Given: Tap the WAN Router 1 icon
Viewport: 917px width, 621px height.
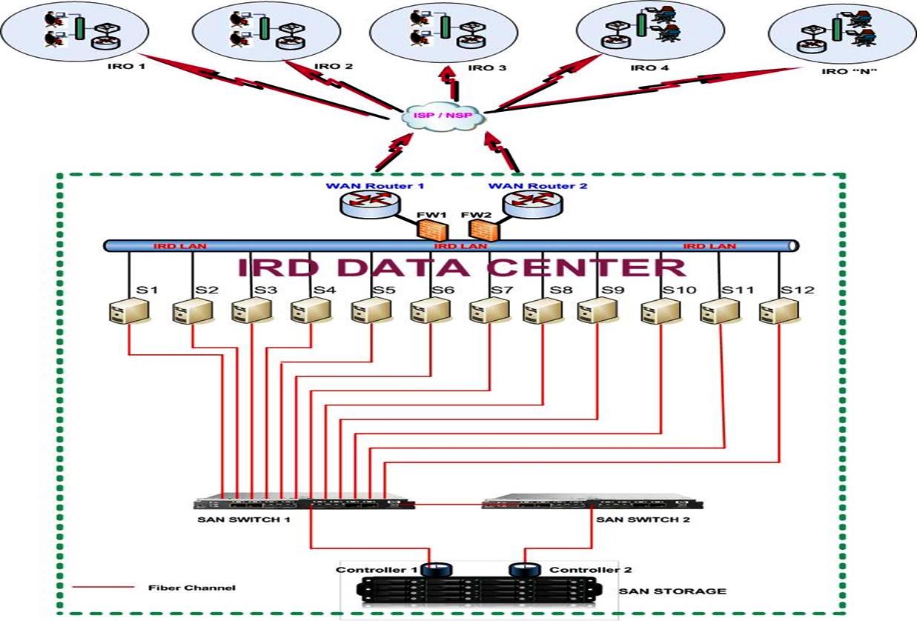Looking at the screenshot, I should tap(370, 204).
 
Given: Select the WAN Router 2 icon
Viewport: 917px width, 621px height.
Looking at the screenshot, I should tap(532, 204).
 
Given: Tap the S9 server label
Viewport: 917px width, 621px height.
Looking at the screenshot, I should tap(612, 290).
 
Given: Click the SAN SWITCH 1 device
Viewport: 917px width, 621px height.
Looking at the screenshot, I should tap(304, 502).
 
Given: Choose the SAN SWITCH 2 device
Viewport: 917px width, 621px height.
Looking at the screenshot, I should tap(592, 502).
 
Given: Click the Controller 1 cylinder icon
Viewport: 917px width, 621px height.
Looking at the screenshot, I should tap(434, 569).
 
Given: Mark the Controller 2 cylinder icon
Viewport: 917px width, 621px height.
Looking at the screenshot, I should tap(523, 569).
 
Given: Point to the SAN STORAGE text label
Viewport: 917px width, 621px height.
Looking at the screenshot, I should tap(672, 591).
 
